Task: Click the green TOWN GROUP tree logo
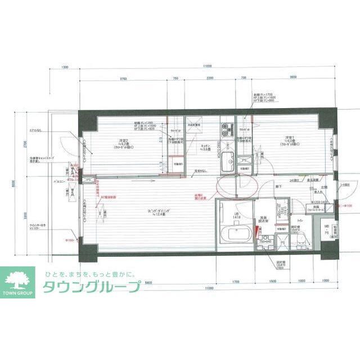tap(19, 280)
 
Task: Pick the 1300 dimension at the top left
tap(65, 67)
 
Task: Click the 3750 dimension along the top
tap(122, 78)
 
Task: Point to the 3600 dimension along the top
tap(292, 78)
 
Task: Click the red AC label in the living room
tap(109, 198)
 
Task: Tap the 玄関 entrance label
tap(325, 188)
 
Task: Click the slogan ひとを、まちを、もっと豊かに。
tap(90, 274)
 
